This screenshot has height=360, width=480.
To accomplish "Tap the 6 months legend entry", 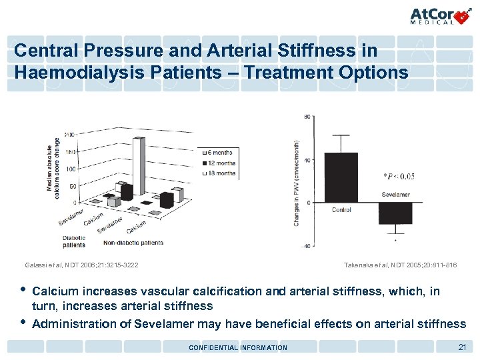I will click(219, 153).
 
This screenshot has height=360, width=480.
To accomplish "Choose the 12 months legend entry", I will click(219, 163).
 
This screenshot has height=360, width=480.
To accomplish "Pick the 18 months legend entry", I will click(219, 173).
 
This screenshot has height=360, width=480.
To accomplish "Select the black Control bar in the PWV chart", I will click(340, 177).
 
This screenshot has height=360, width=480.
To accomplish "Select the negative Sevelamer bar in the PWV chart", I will click(395, 213).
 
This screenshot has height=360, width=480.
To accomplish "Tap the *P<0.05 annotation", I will click(399, 176).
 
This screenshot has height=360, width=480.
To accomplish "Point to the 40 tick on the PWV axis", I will click(307, 159).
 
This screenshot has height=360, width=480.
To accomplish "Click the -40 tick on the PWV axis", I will click(307, 247).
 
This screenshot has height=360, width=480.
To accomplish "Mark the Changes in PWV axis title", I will click(296, 182).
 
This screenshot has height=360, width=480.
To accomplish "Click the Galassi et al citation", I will click(81, 265).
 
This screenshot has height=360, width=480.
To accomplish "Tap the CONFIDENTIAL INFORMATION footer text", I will click(238, 347).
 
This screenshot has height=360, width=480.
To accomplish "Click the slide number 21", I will click(461, 347).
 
